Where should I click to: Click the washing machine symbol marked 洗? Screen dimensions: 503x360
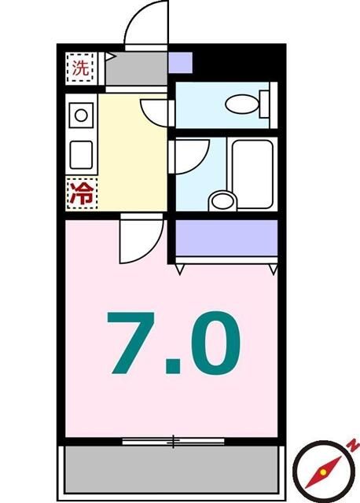(79, 67)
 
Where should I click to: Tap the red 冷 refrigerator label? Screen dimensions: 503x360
(81, 193)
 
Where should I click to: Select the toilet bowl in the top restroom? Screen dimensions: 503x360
(240, 103)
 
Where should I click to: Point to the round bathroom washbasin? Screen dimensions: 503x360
(222, 201)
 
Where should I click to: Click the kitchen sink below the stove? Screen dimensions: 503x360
(81, 153)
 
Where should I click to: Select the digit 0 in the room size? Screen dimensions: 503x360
(211, 343)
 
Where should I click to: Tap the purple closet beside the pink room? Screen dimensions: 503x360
(226, 237)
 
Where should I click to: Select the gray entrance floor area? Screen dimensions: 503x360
(135, 68)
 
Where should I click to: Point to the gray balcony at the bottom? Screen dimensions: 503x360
(171, 468)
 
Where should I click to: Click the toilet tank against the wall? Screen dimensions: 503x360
(265, 102)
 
